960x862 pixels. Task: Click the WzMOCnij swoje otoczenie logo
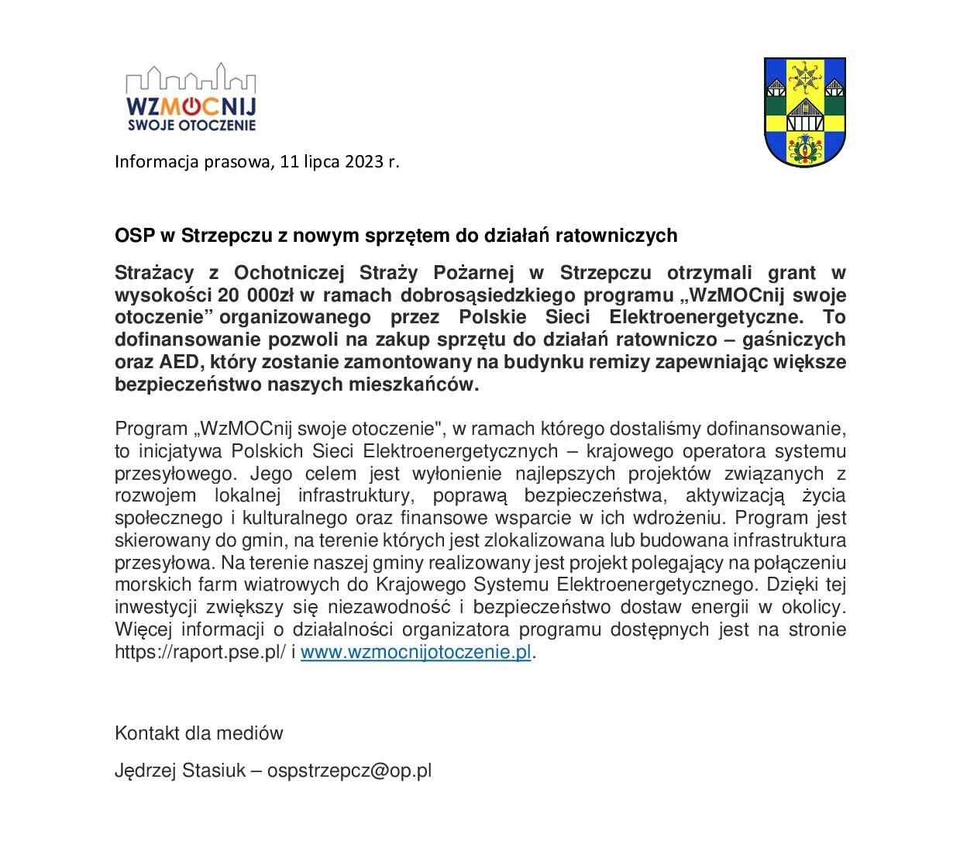point(191,98)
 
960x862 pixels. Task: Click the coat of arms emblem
point(803,112)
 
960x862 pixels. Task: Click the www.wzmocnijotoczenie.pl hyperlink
point(415,652)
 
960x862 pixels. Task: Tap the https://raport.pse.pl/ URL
point(200,652)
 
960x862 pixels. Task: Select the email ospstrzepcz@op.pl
point(349,771)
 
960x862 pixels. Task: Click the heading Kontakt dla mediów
point(199,733)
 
